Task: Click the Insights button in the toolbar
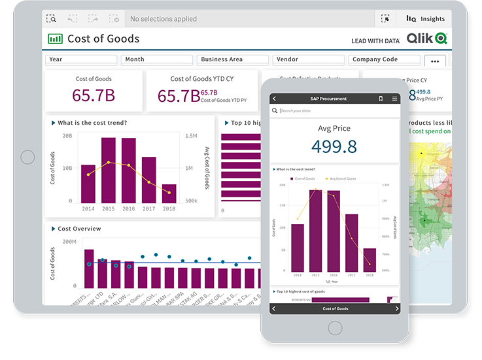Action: point(426,19)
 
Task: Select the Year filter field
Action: point(81,59)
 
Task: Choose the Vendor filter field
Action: point(307,59)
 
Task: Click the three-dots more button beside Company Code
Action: point(436,61)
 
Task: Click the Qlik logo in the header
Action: point(427,39)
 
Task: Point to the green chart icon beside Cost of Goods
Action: point(56,39)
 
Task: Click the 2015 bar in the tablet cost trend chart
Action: point(109,170)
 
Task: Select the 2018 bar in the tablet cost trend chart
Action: point(169,193)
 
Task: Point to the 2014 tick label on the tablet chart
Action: point(88,208)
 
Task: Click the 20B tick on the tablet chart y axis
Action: point(67,136)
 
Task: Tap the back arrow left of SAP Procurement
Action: point(275,99)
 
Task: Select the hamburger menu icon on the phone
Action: point(394,99)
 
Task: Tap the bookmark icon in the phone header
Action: point(381,99)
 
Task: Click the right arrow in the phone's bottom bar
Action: point(396,308)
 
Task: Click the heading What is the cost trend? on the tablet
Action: point(92,123)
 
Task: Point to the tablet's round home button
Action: point(27,157)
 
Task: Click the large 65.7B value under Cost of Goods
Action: point(94,96)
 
